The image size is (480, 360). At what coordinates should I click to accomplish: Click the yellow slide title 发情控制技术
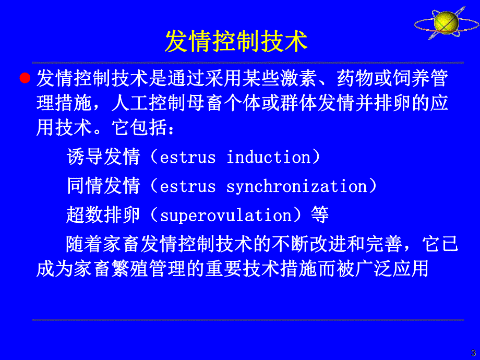coord(236,42)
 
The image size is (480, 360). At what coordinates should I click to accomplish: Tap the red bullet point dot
coord(24,79)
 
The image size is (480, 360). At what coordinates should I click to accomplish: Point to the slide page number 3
coord(473,353)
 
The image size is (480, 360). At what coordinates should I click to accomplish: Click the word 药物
coord(355,80)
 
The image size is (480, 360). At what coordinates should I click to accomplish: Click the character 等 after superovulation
coord(319,215)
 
